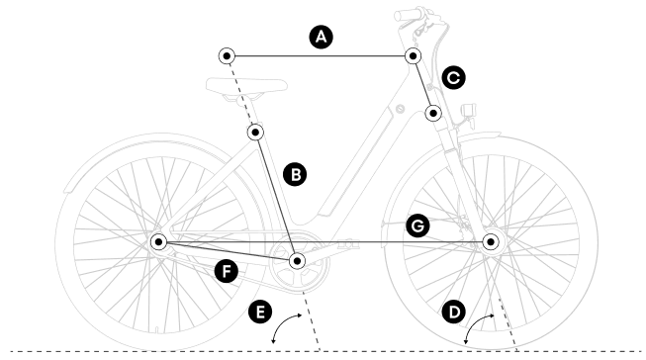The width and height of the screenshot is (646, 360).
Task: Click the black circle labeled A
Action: [321, 37]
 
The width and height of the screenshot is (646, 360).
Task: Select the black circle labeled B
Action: [295, 174]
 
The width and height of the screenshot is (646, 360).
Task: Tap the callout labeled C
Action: [454, 78]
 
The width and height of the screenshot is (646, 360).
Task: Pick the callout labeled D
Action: [454, 312]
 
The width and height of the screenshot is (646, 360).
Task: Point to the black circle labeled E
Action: [260, 312]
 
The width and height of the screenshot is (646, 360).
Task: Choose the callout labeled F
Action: [227, 271]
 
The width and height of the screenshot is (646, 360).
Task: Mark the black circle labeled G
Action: [417, 226]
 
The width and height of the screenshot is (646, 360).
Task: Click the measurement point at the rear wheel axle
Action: [158, 241]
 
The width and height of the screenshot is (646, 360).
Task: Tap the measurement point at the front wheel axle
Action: [491, 241]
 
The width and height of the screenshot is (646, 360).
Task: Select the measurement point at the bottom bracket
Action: [297, 261]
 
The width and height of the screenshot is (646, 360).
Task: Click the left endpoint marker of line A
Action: [227, 55]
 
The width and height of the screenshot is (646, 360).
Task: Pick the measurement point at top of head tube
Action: [413, 55]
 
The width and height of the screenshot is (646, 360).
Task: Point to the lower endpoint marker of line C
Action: [433, 113]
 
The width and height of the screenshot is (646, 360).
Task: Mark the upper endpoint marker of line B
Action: [255, 133]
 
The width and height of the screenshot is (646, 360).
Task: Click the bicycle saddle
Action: [246, 85]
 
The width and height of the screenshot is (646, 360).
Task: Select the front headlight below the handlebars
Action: [469, 111]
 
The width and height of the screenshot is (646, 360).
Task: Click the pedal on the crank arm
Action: [347, 244]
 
